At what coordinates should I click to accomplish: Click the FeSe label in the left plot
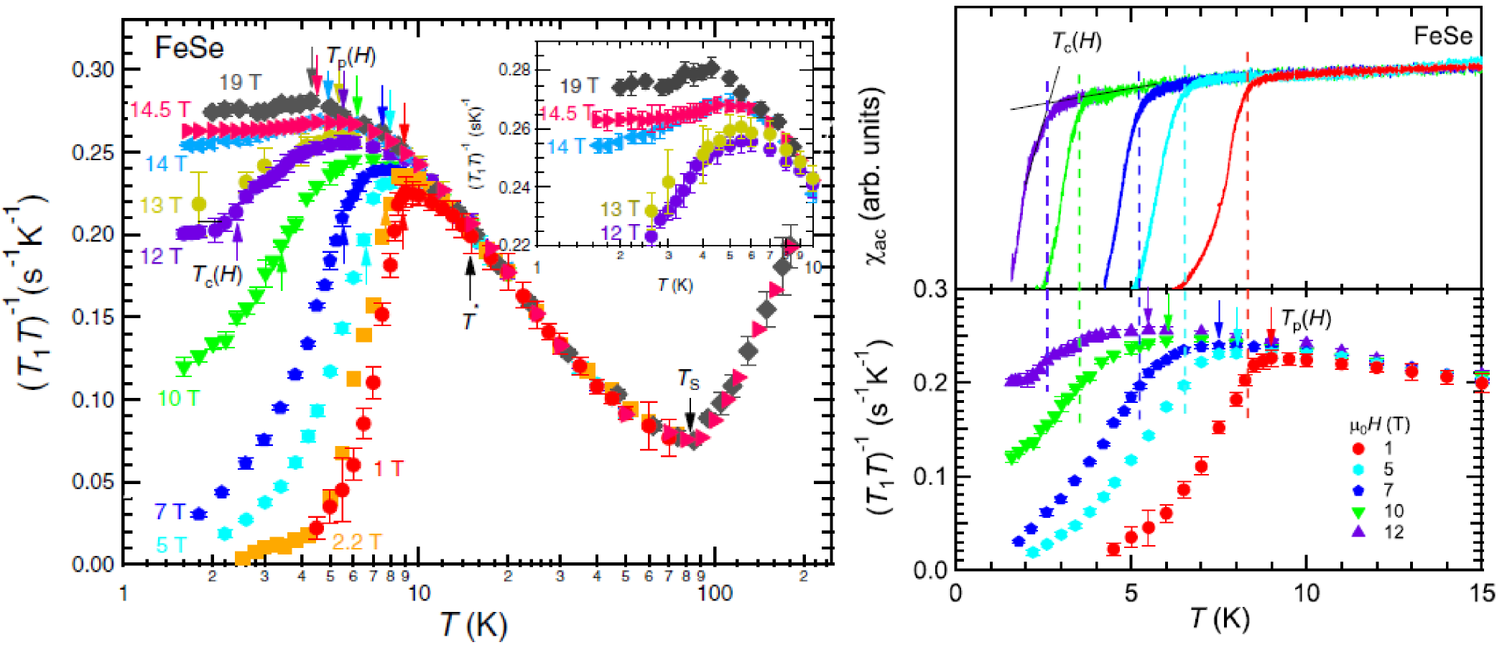coord(189,49)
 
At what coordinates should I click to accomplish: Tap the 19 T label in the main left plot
coord(240,82)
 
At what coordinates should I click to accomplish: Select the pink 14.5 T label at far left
coord(160,110)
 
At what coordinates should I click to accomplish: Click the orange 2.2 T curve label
coord(356,542)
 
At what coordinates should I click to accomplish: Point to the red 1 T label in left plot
coord(388,469)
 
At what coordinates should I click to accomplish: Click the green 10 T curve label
coord(178,399)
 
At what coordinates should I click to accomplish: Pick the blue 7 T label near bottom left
coord(170,512)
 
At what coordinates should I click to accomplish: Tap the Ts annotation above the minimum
coord(688,380)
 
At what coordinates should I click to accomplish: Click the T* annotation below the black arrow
coord(470,321)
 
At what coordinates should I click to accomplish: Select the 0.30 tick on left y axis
coord(93,70)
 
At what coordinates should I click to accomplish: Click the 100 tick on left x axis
coord(715,593)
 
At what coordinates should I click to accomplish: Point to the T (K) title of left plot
coord(473,624)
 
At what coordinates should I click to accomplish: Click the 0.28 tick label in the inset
coord(514,70)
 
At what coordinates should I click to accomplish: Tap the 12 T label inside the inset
coord(618,233)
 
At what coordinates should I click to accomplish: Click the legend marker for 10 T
coord(1358,512)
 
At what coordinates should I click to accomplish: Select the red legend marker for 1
coord(1358,449)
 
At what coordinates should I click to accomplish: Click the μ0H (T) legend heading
coord(1379,425)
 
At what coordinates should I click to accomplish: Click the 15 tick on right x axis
coord(1481,593)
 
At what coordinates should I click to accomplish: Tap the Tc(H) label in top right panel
coord(1076,42)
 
